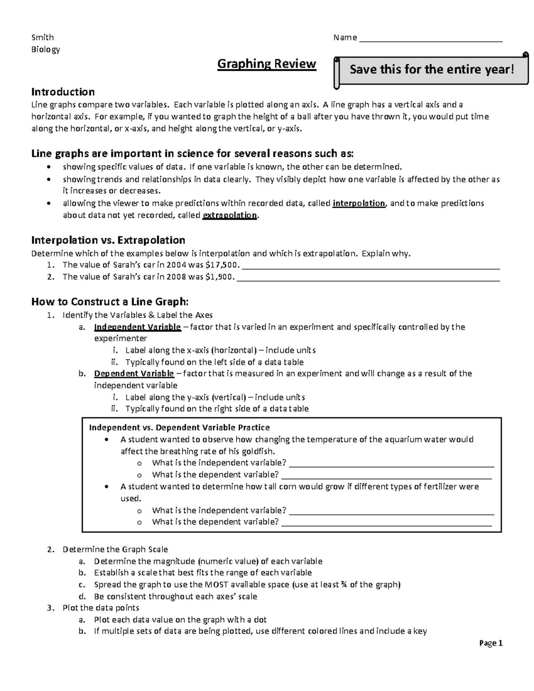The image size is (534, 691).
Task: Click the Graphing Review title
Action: pos(267,64)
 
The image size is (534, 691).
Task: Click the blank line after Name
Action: pos(430,39)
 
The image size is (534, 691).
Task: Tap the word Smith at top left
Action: pos(42,37)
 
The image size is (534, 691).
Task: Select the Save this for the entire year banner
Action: pos(431,70)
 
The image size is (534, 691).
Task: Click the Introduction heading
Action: pos(63,92)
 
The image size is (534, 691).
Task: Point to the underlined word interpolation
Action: pos(359,203)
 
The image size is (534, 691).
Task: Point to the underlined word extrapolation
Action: pos(230,215)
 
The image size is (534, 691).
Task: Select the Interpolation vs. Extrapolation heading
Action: pos(108,240)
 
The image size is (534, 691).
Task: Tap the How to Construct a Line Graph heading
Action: pos(110,302)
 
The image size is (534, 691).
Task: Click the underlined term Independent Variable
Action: pos(137,327)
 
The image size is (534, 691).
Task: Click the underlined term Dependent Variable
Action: pos(133,374)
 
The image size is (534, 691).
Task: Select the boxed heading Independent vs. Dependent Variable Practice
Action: pos(179,428)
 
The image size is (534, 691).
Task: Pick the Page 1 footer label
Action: pos(490,643)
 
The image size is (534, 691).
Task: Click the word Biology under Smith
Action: pos(45,49)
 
